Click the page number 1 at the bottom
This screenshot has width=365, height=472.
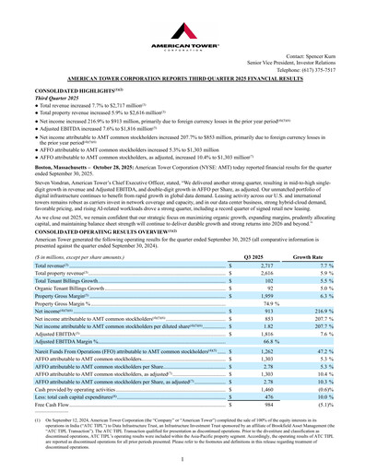pos(182,458)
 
